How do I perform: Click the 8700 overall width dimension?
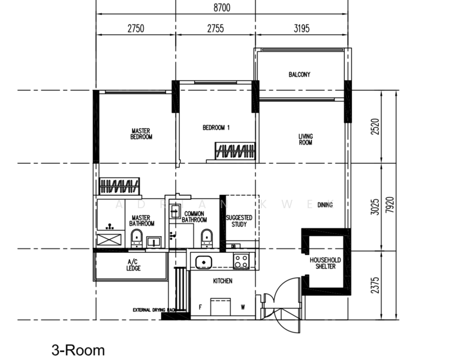[x=221, y=8]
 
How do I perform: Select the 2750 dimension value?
[x=135, y=28]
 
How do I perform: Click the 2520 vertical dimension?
[x=375, y=127]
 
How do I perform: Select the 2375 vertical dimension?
[x=375, y=283]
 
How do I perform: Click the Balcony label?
[x=299, y=74]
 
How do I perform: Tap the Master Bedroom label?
[x=141, y=134]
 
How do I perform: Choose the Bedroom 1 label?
[x=216, y=127]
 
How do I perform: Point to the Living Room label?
[x=306, y=140]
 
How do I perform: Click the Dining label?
[x=326, y=205]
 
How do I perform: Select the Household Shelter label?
[x=326, y=263]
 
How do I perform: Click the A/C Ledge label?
[x=134, y=265]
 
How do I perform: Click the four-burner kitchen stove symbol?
[x=242, y=261]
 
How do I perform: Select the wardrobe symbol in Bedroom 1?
[x=236, y=151]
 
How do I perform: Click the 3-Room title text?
[x=78, y=350]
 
